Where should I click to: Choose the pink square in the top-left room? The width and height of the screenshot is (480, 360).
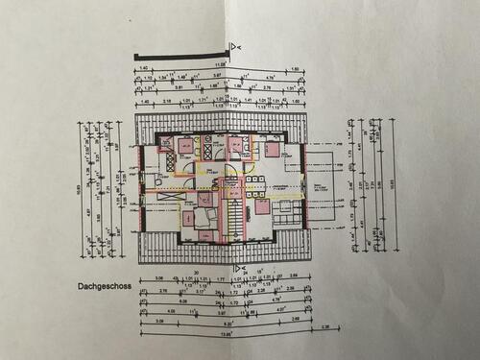click(182, 146)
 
